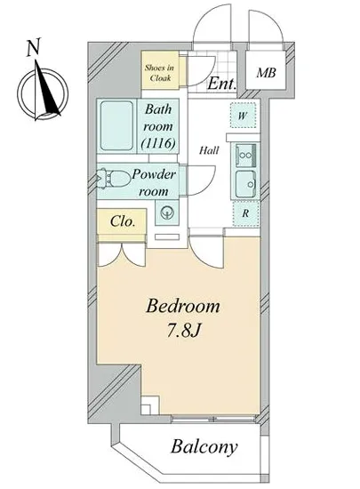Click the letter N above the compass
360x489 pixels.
coord(34,47)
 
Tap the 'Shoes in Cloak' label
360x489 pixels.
coord(160,73)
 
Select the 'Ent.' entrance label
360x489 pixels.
coord(221,84)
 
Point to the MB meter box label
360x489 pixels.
coord(266,73)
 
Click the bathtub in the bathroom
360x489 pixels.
coord(116,125)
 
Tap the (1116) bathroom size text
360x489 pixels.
coord(157,143)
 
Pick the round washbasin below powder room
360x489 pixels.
coord(167,213)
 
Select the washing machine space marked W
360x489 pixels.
coord(243,115)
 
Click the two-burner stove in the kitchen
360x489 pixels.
coord(245,156)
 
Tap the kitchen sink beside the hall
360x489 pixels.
coord(245,184)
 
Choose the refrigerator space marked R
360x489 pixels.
coord(245,213)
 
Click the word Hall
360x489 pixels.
coord(209,150)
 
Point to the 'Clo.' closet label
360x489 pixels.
coord(123,221)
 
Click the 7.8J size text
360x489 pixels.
coord(183,330)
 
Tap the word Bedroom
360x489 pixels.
coord(183,306)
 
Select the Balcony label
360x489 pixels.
coord(204,447)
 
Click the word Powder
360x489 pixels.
coord(154,174)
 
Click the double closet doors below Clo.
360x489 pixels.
coord(122,254)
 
